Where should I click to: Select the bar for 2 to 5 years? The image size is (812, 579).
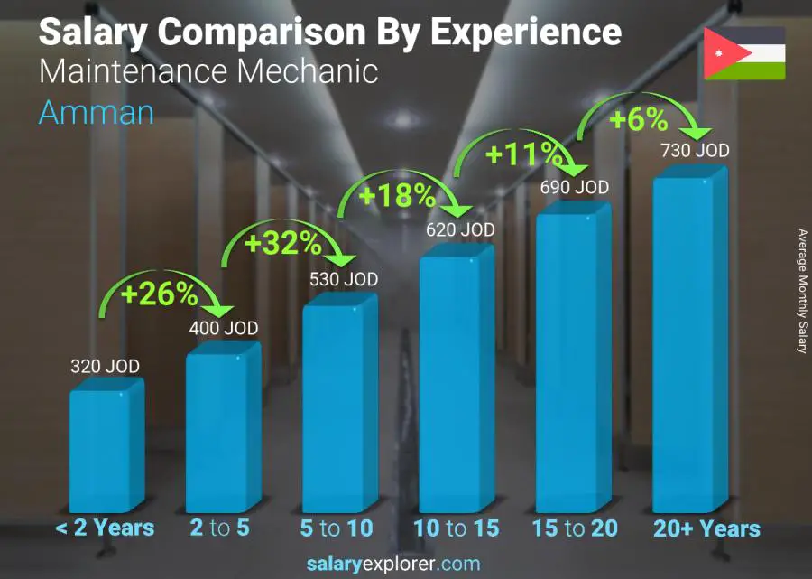coord(222,432)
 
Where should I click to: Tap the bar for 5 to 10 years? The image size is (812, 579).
coord(338,408)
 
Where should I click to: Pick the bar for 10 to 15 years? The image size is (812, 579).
coord(456,384)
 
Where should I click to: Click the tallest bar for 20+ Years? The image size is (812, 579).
coord(689,343)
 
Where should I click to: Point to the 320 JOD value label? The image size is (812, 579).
coord(106,367)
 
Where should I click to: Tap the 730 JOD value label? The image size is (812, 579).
coord(694,151)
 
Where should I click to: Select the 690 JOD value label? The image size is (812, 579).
coord(574,188)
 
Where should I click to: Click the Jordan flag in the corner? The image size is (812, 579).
coord(744,53)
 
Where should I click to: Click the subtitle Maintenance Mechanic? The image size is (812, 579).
coord(208,71)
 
